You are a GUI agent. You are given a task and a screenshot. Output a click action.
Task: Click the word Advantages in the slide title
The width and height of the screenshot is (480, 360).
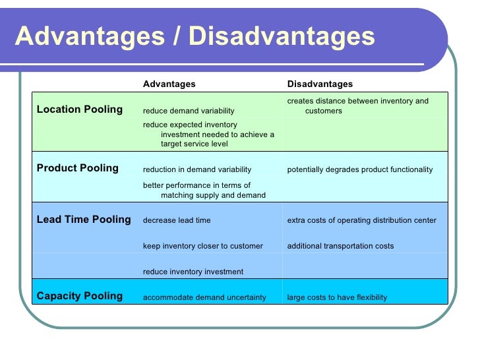pyautogui.click(x=89, y=37)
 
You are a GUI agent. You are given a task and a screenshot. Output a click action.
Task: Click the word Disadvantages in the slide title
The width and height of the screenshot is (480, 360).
pyautogui.click(x=282, y=37)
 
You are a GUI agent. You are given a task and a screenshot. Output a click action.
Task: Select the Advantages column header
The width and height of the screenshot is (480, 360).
pyautogui.click(x=169, y=84)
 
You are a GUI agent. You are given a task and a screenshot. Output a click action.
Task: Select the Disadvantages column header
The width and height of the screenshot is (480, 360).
pyautogui.click(x=320, y=84)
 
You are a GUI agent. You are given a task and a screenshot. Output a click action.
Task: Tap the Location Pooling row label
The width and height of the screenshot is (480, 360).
pyautogui.click(x=80, y=109)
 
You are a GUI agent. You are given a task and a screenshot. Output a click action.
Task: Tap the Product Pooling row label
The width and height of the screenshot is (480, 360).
pyautogui.click(x=78, y=168)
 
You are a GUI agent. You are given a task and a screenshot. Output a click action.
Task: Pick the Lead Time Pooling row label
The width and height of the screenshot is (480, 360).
pyautogui.click(x=84, y=220)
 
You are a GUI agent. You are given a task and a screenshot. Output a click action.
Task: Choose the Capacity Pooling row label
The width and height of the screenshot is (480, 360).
pyautogui.click(x=80, y=296)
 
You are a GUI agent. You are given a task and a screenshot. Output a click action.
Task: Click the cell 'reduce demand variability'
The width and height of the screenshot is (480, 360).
pyautogui.click(x=189, y=111)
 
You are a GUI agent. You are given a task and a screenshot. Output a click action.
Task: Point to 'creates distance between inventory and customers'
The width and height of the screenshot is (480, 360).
pyautogui.click(x=357, y=105)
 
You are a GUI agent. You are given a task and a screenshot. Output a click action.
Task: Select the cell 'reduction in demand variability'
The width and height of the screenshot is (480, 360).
pyautogui.click(x=197, y=169)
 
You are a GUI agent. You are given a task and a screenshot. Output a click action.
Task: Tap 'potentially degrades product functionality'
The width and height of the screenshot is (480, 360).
pyautogui.click(x=360, y=169)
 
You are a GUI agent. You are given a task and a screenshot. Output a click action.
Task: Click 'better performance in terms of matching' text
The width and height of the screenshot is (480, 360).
pyautogui.click(x=204, y=190)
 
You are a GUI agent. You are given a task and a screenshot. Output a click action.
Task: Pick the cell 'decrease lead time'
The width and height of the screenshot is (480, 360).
pyautogui.click(x=177, y=220)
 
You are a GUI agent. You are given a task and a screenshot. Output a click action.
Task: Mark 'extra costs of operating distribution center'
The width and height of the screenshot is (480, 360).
pyautogui.click(x=361, y=220)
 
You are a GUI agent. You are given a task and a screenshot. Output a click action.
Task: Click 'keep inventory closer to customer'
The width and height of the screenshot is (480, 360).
pyautogui.click(x=203, y=246)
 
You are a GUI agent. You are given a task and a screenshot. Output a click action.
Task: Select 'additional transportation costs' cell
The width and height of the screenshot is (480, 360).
pyautogui.click(x=340, y=246)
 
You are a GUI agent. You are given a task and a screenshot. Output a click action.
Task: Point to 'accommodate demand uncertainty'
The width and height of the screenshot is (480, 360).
pyautogui.click(x=204, y=297)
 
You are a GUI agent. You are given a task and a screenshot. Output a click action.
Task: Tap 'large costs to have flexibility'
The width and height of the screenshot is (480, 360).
pyautogui.click(x=337, y=297)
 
